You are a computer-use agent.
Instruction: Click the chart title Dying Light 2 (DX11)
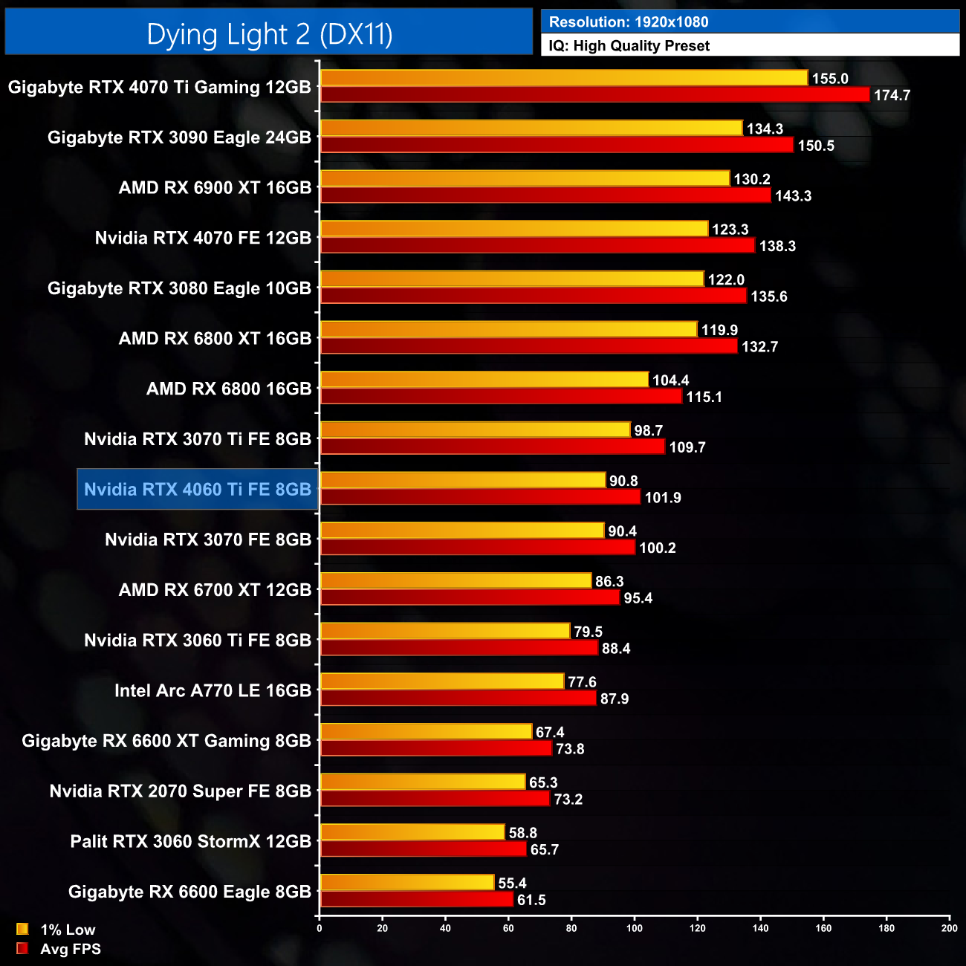[x=269, y=34]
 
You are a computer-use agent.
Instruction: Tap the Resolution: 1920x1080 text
[x=629, y=22]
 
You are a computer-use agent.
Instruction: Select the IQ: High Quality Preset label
[x=629, y=46]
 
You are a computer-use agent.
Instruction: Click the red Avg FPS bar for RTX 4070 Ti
[x=594, y=95]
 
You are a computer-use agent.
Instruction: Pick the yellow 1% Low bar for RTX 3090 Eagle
[x=531, y=129]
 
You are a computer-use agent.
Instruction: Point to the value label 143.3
[x=794, y=196]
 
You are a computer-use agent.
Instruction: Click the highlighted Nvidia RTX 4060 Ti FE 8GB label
[x=198, y=490]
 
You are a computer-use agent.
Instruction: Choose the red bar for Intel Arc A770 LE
[x=458, y=698]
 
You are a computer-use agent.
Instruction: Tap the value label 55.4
[x=512, y=884]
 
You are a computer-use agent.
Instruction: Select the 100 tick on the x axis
[x=635, y=928]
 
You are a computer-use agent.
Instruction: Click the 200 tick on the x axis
[x=950, y=928]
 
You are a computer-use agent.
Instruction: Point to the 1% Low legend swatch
[x=22, y=929]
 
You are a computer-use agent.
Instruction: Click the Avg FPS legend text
[x=71, y=949]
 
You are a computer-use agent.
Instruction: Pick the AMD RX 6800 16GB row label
[x=229, y=389]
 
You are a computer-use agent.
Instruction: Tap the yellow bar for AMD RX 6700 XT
[x=456, y=581]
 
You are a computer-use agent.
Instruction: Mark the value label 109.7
[x=687, y=447]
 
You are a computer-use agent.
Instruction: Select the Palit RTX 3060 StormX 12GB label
[x=191, y=842]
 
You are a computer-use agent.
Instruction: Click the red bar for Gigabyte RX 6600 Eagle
[x=416, y=900]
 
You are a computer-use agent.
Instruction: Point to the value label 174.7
[x=892, y=96]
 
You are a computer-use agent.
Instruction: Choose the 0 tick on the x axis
[x=320, y=928]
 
